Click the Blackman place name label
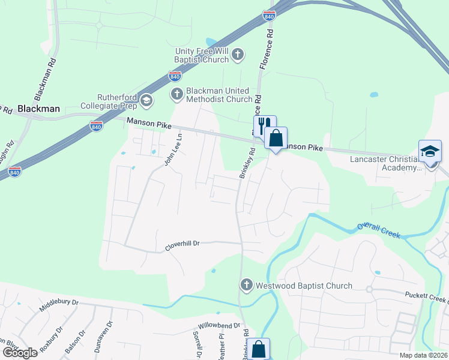pos(38,109)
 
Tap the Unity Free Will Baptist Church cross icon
pos(238,55)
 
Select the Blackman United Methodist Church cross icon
pos(177,94)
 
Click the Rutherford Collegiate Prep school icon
pos(146,101)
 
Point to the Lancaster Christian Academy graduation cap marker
pos(430,151)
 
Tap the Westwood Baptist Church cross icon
pos(246,286)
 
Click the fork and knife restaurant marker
pos(264,126)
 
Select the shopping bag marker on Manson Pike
pos(276,138)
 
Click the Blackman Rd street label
pos(45,80)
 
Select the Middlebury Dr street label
pos(59,305)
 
